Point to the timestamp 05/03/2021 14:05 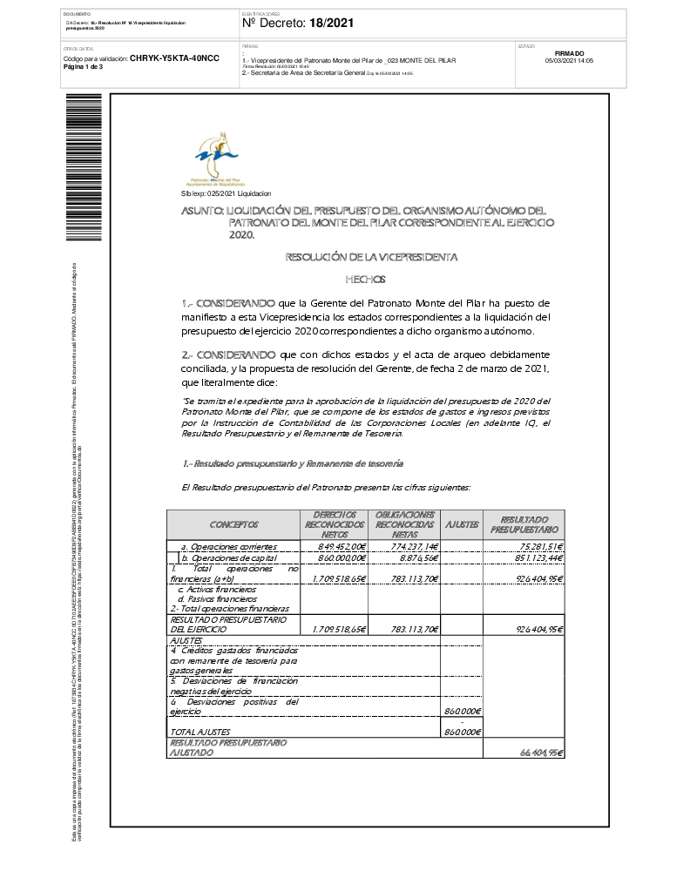tap(569, 61)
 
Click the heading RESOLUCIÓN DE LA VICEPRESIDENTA tap(370, 257)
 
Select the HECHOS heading tap(371, 280)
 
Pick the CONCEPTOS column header tap(233, 524)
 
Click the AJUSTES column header tap(462, 524)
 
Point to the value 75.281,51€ tap(536, 546)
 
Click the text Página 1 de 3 tap(84, 67)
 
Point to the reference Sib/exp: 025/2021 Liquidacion tap(226, 193)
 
